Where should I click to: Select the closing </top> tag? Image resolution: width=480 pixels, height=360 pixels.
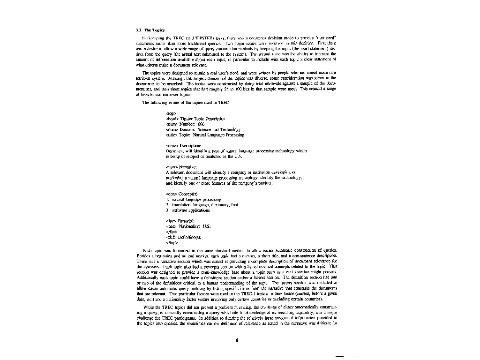click(172, 243)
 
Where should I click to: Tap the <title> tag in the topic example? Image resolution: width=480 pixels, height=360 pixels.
click(172, 135)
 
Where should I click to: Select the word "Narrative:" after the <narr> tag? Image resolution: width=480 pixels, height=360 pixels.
click(190, 167)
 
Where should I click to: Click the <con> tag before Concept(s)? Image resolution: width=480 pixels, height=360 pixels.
click(172, 194)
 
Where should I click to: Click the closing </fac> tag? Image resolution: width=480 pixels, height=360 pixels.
click(171, 232)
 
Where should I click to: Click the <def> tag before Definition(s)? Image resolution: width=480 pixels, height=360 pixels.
click(172, 237)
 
